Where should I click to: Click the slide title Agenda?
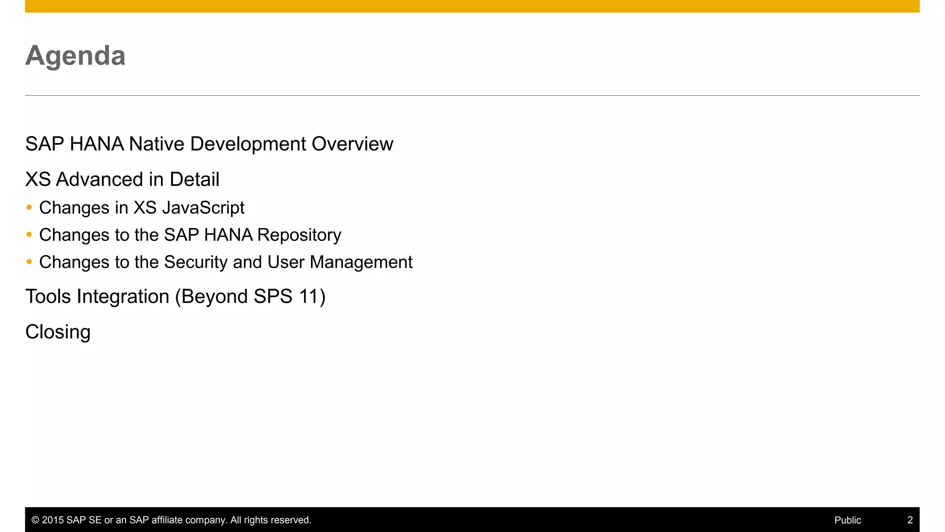point(75,56)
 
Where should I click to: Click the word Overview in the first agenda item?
point(352,144)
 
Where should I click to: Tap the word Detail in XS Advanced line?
point(194,180)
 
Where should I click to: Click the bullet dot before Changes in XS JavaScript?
point(30,207)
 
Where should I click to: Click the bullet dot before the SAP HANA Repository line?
point(30,235)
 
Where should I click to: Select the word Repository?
point(299,236)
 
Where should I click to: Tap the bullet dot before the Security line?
point(30,262)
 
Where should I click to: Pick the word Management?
point(361,262)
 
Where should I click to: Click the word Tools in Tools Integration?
point(48,296)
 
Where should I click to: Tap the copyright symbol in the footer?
point(35,520)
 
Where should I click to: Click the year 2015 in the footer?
point(53,520)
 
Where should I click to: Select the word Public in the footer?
point(848,520)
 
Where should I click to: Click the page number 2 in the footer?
point(910,520)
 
